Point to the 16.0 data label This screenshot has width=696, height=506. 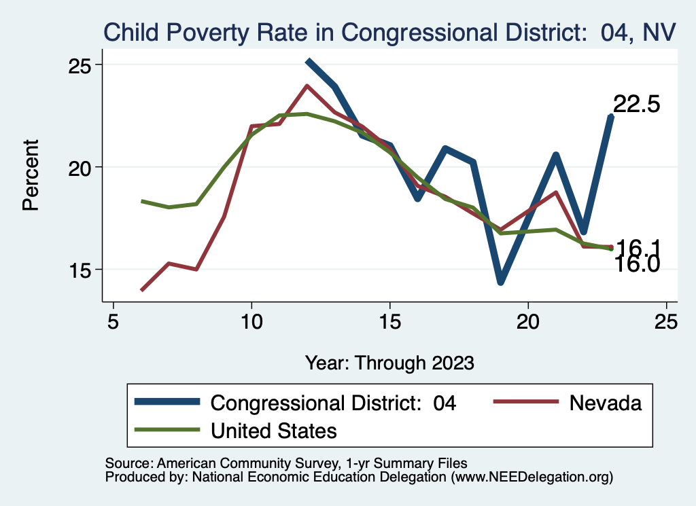coord(637,264)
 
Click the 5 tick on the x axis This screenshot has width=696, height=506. coord(114,321)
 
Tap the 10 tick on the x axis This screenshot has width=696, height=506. coord(251,321)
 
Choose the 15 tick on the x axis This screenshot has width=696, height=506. coord(390,321)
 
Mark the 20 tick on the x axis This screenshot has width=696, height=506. coord(528,321)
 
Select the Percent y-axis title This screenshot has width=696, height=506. coord(31,175)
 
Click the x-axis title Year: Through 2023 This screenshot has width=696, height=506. coord(389,363)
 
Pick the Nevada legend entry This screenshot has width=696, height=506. coord(605,403)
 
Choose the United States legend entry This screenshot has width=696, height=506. coord(274,430)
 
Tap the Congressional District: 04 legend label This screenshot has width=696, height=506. coord(333,403)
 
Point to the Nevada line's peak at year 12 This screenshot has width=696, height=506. coord(307,86)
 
